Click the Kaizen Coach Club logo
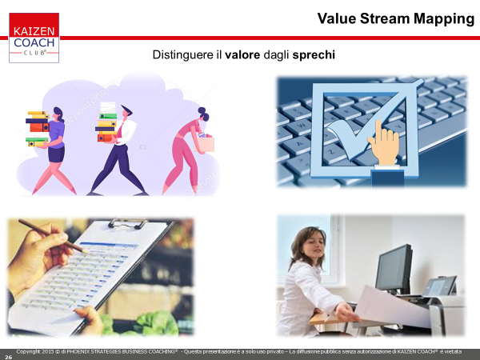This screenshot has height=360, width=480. click(x=34, y=38)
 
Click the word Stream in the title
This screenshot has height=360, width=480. click(x=385, y=18)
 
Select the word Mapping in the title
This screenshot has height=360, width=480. click(x=444, y=19)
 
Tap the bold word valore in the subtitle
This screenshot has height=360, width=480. click(x=242, y=54)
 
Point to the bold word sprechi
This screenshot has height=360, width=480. click(x=314, y=55)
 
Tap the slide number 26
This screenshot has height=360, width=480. click(x=8, y=357)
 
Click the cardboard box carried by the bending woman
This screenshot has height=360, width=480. click(x=204, y=143)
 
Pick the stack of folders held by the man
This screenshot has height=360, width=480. click(x=106, y=122)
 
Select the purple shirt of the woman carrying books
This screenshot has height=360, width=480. click(x=56, y=134)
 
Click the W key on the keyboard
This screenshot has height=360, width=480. click(x=302, y=125)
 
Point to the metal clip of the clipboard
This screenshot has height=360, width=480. click(x=128, y=223)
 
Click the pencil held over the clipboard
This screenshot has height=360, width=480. click(x=52, y=236)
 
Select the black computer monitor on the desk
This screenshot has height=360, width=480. click(x=394, y=269)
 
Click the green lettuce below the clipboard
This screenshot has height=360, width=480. click(x=156, y=323)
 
